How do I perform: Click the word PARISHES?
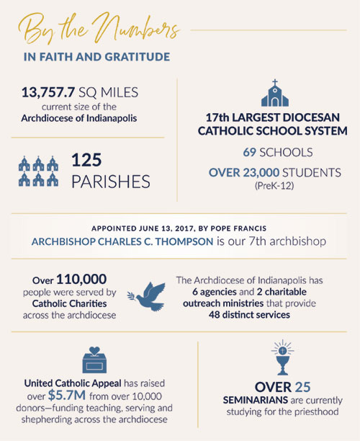[x=110, y=182]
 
